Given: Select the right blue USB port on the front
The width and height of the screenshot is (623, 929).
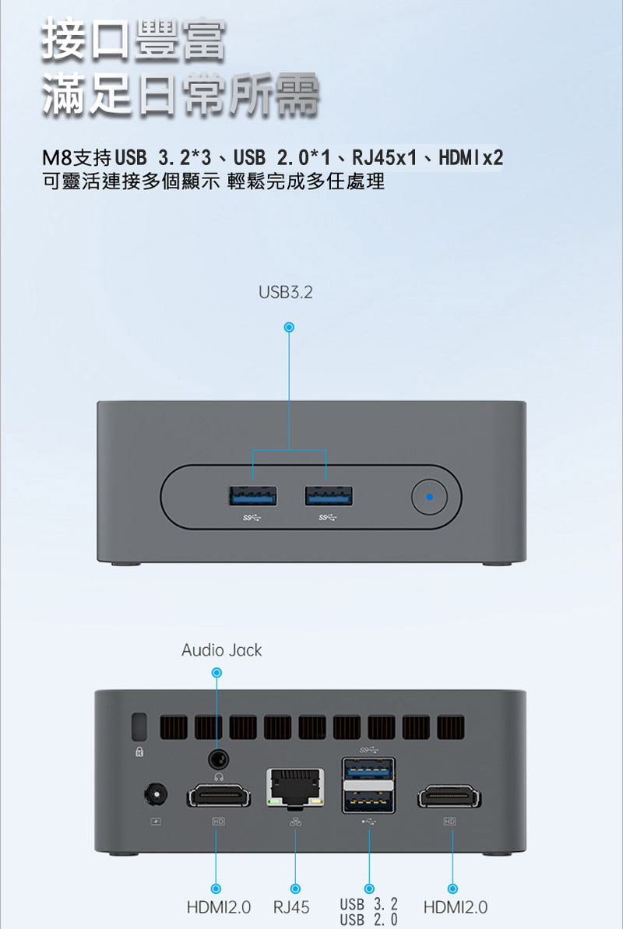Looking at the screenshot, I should [328, 495].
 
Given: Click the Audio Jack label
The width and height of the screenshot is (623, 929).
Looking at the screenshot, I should [222, 650].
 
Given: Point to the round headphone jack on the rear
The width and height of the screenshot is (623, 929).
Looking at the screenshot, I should [219, 758].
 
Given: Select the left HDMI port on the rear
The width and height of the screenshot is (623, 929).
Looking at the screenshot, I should [219, 797].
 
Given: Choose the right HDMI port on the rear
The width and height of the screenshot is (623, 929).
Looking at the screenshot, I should [449, 797].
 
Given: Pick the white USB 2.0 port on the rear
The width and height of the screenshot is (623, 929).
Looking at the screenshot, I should [368, 801].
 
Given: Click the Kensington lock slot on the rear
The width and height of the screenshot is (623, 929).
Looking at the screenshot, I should [140, 727].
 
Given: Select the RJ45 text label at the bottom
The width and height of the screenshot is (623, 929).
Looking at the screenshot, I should [291, 908].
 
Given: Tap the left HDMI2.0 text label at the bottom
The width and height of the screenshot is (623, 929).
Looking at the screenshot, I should [219, 907].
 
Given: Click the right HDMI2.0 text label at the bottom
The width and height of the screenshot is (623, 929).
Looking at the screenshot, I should [456, 907].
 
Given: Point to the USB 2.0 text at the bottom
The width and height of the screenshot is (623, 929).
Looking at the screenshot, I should [369, 920].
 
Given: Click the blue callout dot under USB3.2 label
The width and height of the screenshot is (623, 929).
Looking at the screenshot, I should [289, 327].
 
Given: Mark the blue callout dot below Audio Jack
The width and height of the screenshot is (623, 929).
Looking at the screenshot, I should [217, 673].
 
